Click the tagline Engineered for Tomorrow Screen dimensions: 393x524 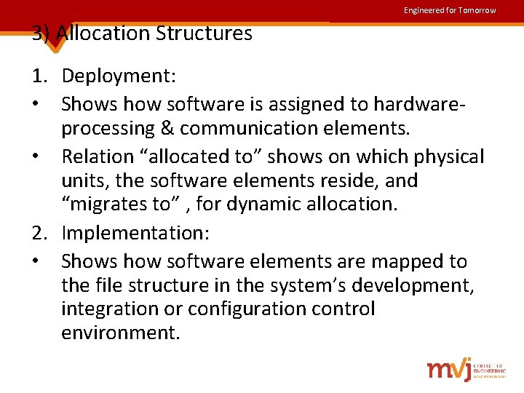pyautogui.click(x=450, y=10)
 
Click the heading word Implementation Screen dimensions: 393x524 pyautogui.click(x=135, y=234)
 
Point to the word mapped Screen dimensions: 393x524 pyautogui.click(x=409, y=261)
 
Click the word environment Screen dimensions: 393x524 pyautogui.click(x=120, y=333)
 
